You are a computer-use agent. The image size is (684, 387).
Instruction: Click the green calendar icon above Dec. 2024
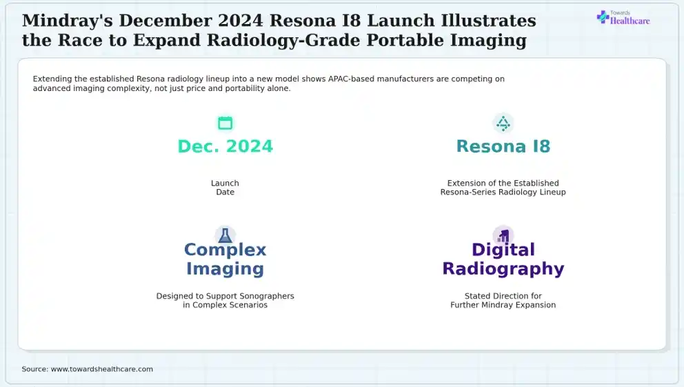(x=225, y=123)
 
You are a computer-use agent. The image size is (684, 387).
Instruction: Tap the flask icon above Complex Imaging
(x=225, y=236)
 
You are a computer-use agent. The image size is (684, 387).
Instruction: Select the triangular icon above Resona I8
(x=503, y=123)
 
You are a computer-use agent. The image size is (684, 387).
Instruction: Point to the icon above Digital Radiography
(x=503, y=237)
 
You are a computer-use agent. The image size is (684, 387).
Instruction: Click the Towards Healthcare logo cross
(x=603, y=17)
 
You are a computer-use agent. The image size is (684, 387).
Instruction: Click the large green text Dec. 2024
(x=225, y=146)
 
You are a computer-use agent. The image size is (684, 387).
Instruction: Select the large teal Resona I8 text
(x=503, y=146)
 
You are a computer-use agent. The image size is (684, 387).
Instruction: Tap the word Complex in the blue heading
(x=225, y=250)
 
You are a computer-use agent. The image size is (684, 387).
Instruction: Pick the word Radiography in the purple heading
(x=503, y=269)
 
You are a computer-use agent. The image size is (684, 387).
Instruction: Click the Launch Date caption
(x=225, y=188)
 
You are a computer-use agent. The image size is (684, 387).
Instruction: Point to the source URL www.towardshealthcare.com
(x=101, y=369)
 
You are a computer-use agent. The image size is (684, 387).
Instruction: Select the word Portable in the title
(x=404, y=40)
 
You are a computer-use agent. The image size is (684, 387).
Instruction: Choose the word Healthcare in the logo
(x=630, y=21)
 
